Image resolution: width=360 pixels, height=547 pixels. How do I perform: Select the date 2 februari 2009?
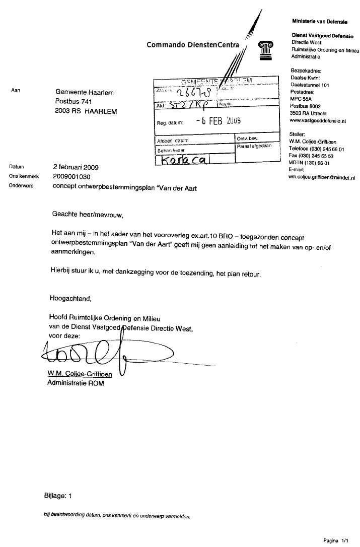point(76,167)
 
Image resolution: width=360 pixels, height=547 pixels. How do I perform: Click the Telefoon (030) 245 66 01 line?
point(316,149)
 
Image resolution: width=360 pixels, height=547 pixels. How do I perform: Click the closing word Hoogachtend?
point(70,298)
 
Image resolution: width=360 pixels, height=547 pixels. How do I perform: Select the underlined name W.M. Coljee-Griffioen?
point(77,374)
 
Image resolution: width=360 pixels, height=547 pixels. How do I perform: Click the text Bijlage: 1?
point(58,496)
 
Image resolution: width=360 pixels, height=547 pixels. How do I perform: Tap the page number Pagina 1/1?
point(336,540)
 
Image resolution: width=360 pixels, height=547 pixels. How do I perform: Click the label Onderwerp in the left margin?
point(21,186)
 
